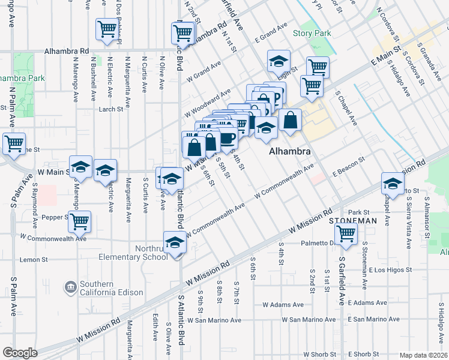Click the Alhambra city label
(290, 152)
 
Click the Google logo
(20, 353)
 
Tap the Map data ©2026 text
(423, 355)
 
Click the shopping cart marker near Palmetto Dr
(346, 233)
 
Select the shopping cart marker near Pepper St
(79, 221)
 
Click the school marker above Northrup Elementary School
(175, 242)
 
